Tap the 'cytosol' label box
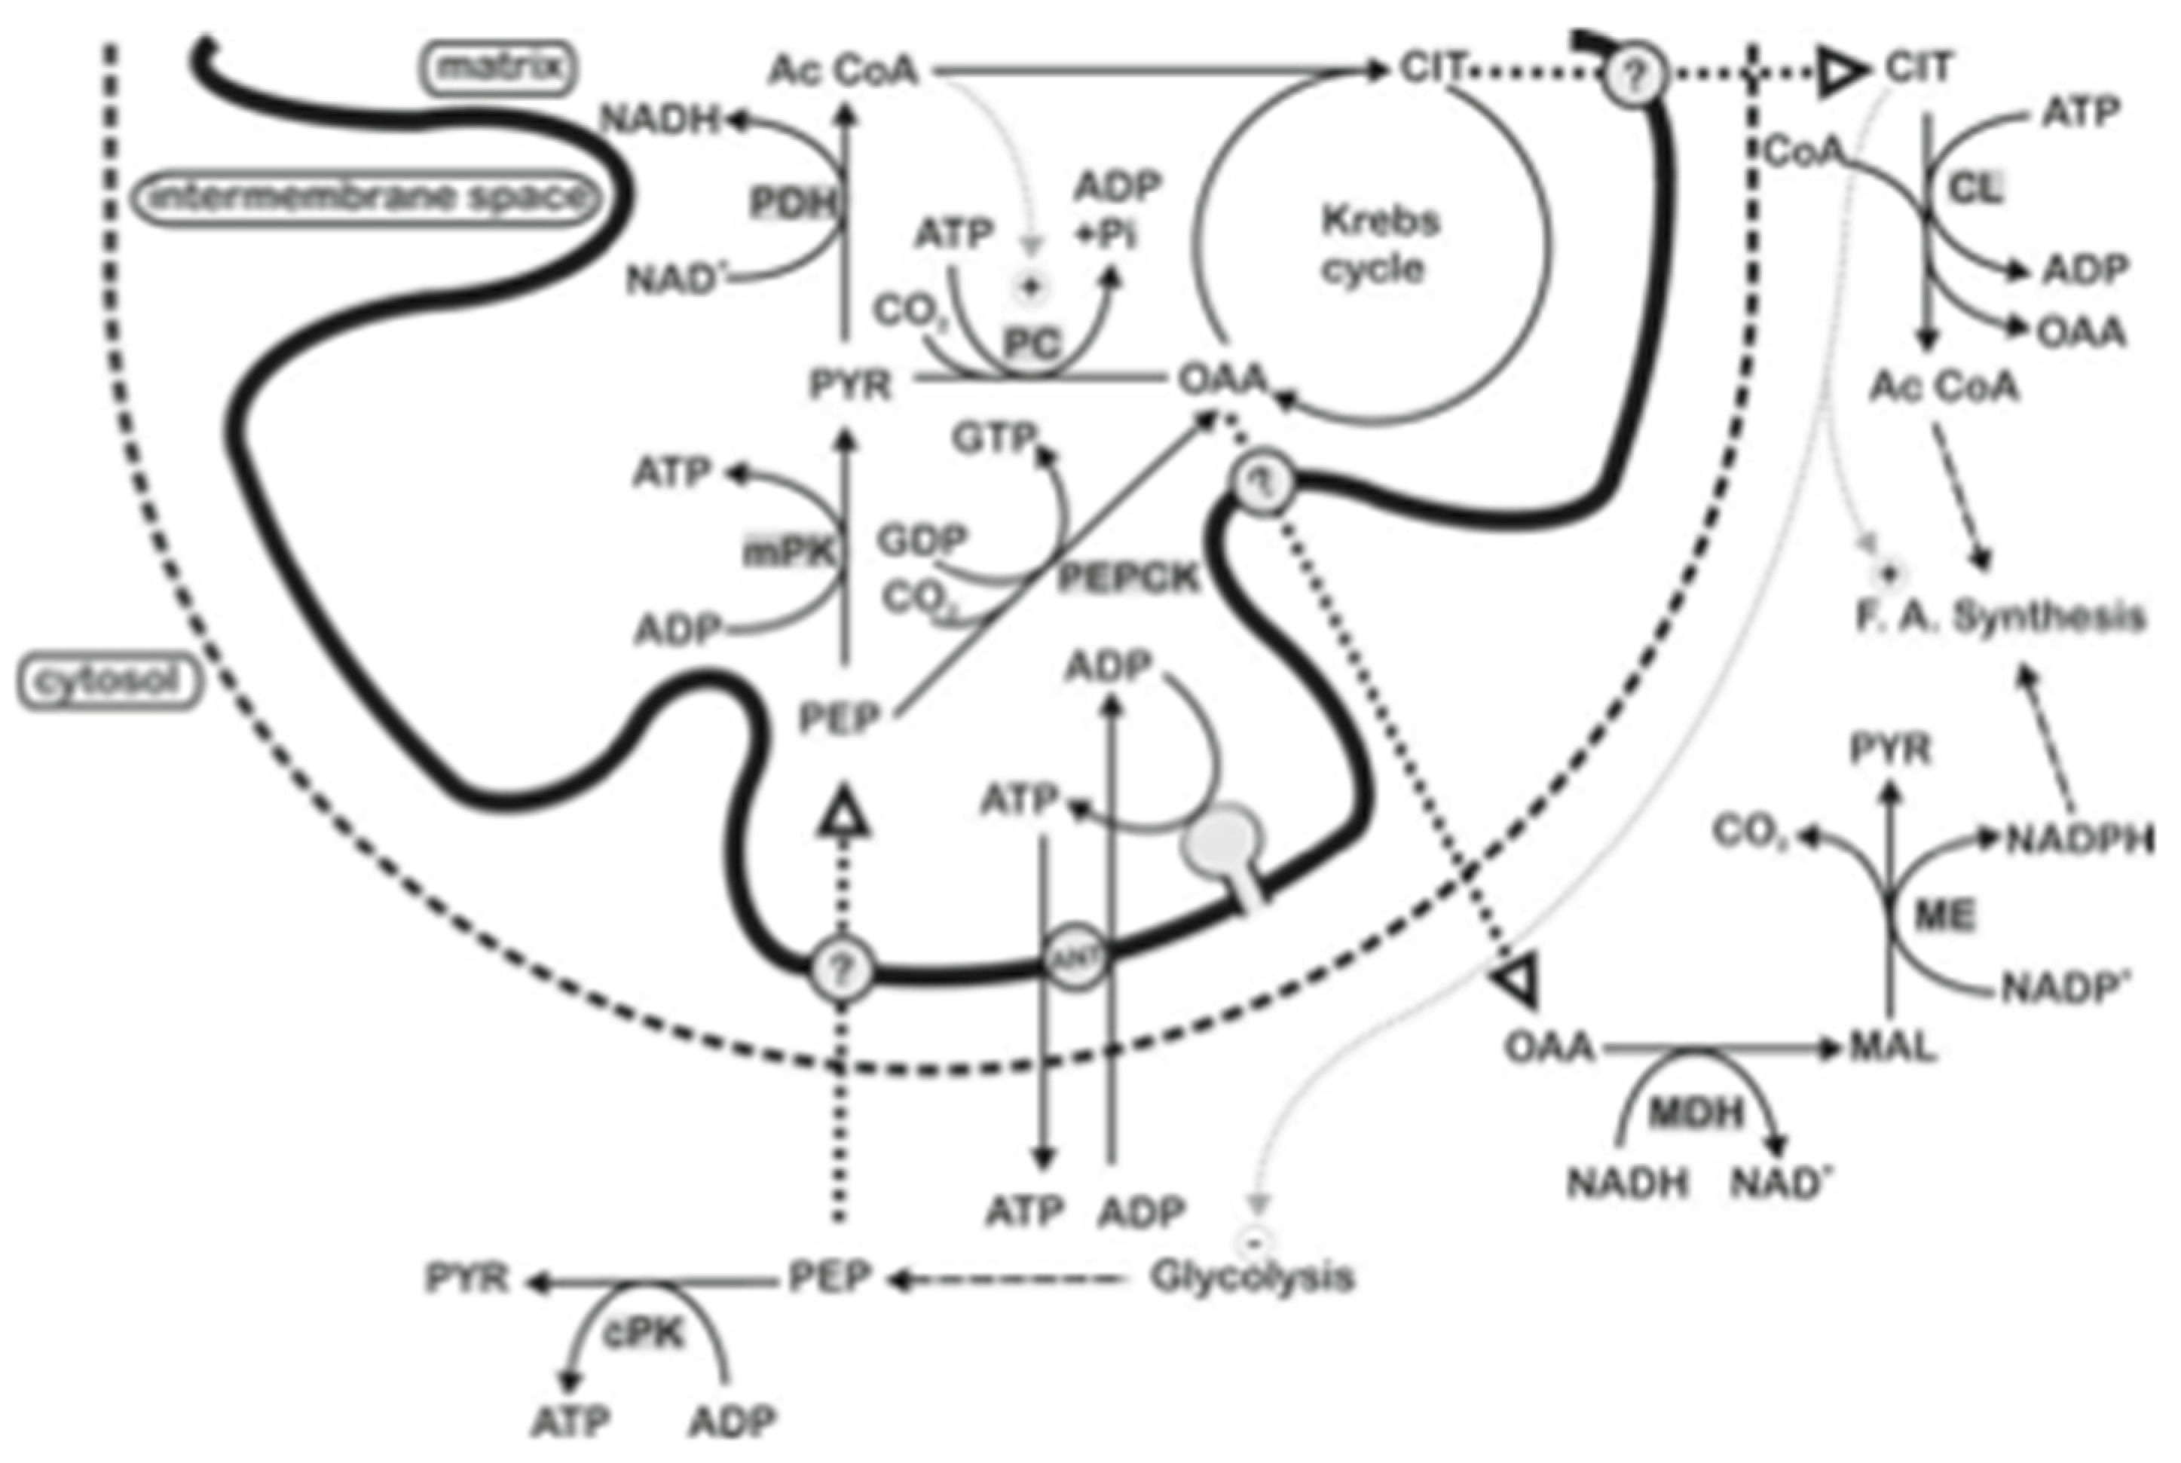[109, 681]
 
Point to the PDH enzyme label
[791, 203]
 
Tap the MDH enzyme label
[1696, 1111]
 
